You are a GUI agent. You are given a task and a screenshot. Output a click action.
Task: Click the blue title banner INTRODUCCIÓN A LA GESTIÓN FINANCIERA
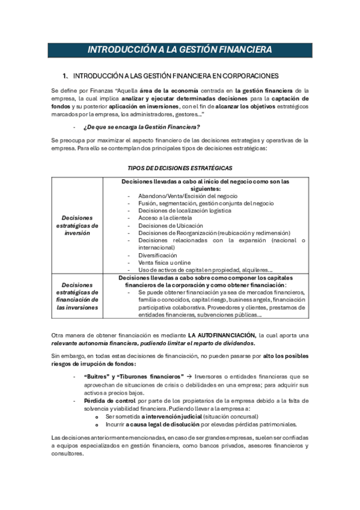click(179, 49)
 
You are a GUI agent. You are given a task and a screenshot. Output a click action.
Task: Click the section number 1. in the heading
click(66, 76)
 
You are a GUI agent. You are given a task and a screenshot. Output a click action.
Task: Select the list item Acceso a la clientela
click(163, 218)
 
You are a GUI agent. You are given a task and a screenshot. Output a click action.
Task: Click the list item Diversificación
click(157, 254)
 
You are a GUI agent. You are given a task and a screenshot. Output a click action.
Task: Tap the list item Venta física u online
click(163, 262)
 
